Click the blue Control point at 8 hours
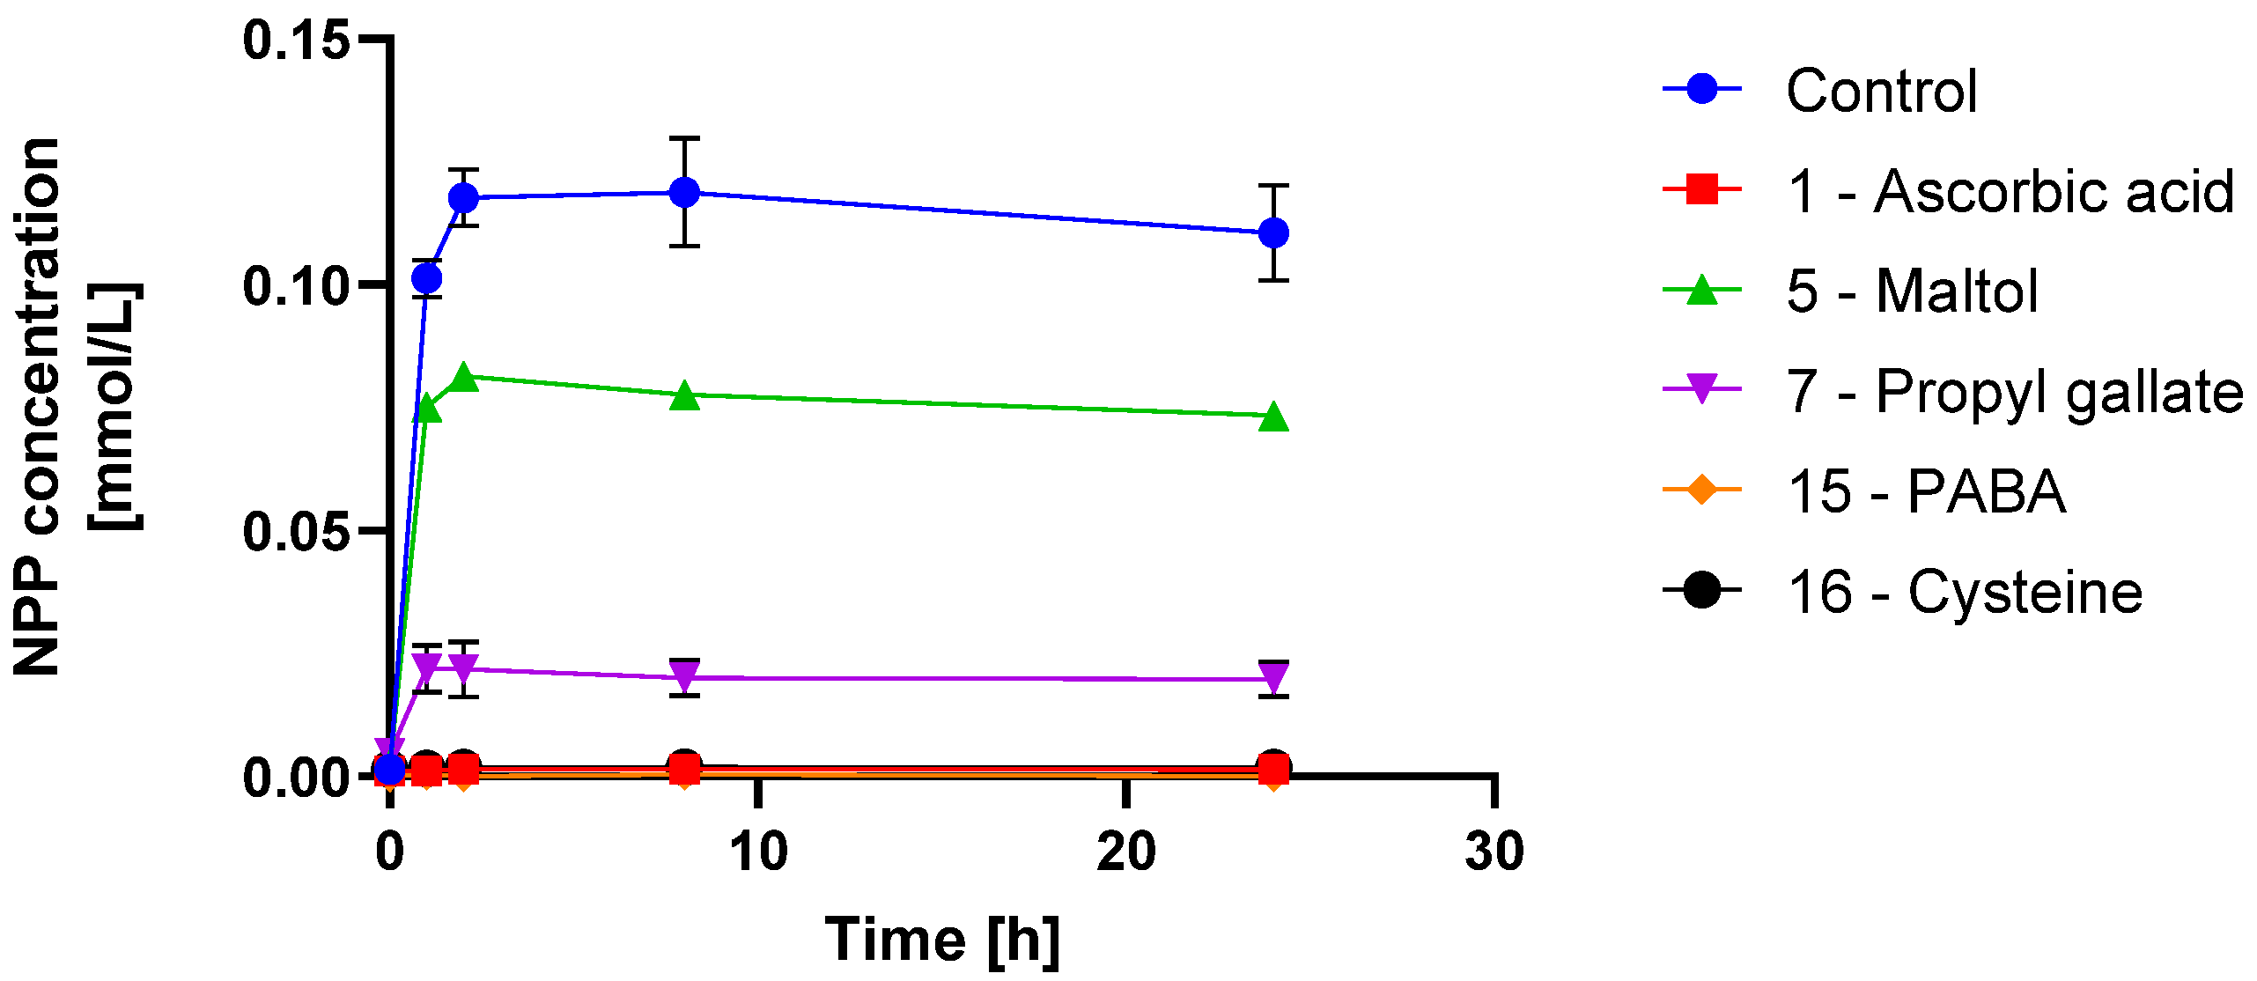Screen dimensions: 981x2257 (x=684, y=192)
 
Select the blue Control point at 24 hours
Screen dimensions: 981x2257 (x=1273, y=233)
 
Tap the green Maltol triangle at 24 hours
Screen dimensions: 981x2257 (x=1273, y=418)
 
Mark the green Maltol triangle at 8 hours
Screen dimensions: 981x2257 (x=684, y=397)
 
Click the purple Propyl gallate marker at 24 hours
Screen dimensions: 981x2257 (x=1273, y=678)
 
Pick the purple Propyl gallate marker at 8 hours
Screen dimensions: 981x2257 (x=684, y=676)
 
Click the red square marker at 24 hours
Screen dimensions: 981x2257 (x=1273, y=771)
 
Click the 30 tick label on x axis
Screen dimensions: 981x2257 (x=1494, y=852)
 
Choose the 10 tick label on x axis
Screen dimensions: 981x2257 (x=758, y=852)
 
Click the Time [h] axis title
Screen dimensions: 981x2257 (x=942, y=940)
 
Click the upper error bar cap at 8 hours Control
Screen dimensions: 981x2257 (x=684, y=138)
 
